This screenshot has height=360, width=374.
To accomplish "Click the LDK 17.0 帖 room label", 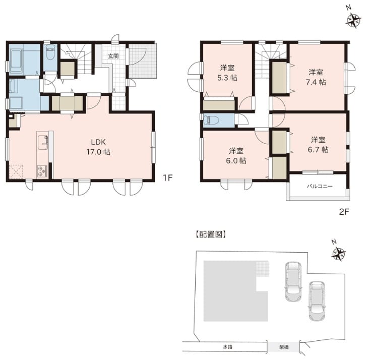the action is tap(98, 147).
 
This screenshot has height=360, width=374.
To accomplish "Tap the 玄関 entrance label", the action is tap(113, 56).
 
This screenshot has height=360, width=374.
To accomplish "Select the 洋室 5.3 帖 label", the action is tap(227, 73).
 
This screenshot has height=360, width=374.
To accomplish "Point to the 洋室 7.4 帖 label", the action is tap(316, 77).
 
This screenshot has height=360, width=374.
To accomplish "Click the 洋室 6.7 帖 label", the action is tap(318, 145).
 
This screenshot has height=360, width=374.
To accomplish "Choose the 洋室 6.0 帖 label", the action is tap(236, 156).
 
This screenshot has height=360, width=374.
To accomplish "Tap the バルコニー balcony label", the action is tap(320, 186).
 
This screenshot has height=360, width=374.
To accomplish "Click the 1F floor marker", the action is tap(167, 178).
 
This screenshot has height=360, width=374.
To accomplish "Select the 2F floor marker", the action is tap(344, 212).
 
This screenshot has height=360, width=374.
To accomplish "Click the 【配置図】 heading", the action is tap(211, 234).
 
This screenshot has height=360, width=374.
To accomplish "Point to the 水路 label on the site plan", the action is tap(227, 347).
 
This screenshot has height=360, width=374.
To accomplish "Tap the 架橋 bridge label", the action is tap(284, 347).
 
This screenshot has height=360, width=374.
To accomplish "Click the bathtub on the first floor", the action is tap(16, 60).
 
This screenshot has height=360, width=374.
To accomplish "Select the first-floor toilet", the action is tap(50, 52).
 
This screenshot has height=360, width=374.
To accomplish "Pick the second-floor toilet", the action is tap(211, 120).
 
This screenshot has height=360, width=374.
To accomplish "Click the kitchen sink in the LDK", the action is tap(43, 142).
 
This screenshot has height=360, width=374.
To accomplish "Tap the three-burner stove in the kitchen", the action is tap(43, 171).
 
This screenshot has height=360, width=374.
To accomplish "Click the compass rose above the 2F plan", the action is tap(353, 20).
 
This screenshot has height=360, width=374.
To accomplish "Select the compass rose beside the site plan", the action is tap(339, 253).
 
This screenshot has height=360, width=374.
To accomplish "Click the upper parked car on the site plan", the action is tap(293, 281).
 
